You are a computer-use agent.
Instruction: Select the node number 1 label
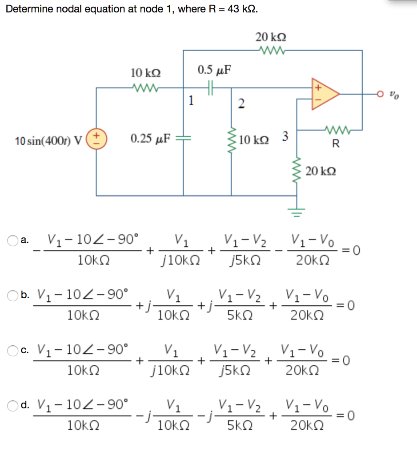point(191,100)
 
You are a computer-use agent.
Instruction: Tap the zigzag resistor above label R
point(337,130)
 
